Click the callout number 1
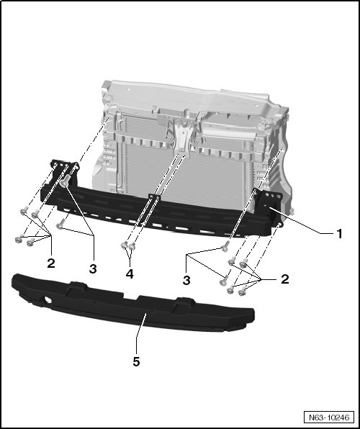(x=339, y=234)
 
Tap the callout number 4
(x=130, y=274)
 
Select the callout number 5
(x=136, y=361)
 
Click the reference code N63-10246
(x=329, y=417)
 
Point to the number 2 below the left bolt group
(x=51, y=263)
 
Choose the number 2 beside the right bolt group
(x=284, y=279)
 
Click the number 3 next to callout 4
(x=93, y=269)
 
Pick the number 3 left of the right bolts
(x=186, y=281)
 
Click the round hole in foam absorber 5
(x=48, y=300)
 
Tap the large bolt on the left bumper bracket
(x=65, y=181)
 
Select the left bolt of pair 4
(x=125, y=245)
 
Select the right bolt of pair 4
(x=132, y=247)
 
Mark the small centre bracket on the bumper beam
(x=154, y=197)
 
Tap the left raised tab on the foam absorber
(x=78, y=286)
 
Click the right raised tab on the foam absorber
(x=184, y=303)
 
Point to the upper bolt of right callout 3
(x=225, y=246)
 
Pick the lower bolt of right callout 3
(x=223, y=281)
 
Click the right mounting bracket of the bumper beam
(x=269, y=204)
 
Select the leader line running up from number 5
(x=140, y=334)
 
